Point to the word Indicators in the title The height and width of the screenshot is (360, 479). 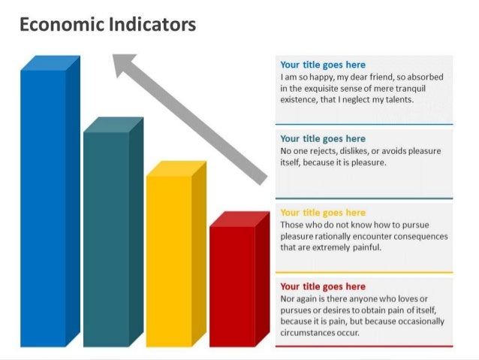(152, 25)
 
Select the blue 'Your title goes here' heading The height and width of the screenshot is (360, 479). (323, 65)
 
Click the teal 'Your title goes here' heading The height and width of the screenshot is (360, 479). (323, 139)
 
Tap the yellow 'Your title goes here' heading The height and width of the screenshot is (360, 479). (323, 213)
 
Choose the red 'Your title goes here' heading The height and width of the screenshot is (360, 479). (323, 286)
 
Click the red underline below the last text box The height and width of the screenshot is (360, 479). (364, 346)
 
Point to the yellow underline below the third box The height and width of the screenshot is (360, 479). (364, 272)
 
